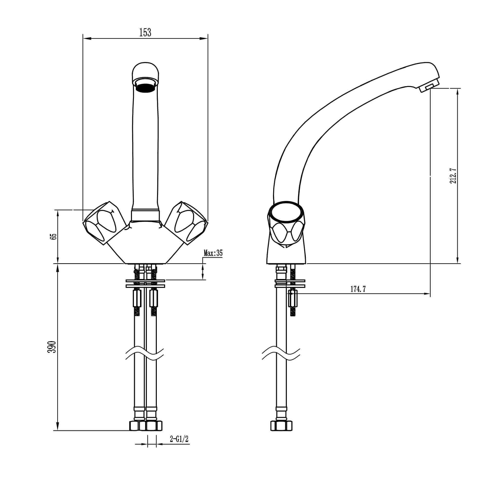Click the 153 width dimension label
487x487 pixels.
click(145, 33)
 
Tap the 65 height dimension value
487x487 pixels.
click(54, 237)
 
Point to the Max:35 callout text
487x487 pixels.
click(213, 253)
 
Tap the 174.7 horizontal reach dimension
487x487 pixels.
click(358, 289)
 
